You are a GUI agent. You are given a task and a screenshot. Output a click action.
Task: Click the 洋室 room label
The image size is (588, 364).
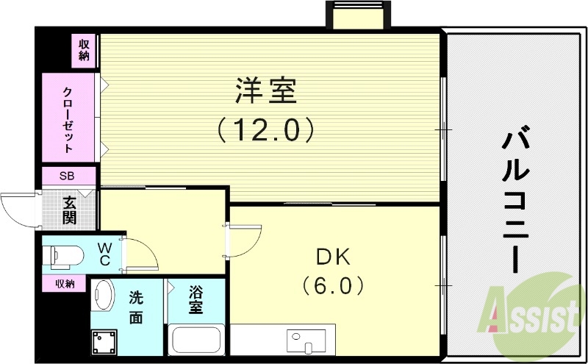pyautogui.click(x=266, y=92)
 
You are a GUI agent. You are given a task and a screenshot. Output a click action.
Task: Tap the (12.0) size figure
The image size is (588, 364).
pyautogui.click(x=266, y=131)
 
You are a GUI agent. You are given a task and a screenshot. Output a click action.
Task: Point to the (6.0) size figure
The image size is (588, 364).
pyautogui.click(x=334, y=284)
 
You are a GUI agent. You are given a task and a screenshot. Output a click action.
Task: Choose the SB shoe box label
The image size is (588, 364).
pyautogui.click(x=68, y=176)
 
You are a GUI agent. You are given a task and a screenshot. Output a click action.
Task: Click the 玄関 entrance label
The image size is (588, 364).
pyautogui.click(x=70, y=209)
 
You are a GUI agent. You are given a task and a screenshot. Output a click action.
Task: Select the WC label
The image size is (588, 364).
pyautogui.click(x=104, y=254)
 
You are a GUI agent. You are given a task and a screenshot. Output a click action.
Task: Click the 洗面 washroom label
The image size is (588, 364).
pyautogui.click(x=136, y=309)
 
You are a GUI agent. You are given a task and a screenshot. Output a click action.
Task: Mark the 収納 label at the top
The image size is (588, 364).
pyautogui.click(x=85, y=50)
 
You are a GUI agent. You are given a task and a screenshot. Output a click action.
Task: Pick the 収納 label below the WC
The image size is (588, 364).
pyautogui.click(x=64, y=283)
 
